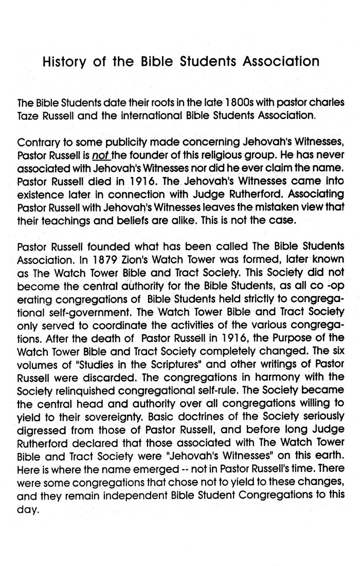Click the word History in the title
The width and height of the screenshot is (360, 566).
point(65,62)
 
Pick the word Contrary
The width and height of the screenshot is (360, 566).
point(38,143)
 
